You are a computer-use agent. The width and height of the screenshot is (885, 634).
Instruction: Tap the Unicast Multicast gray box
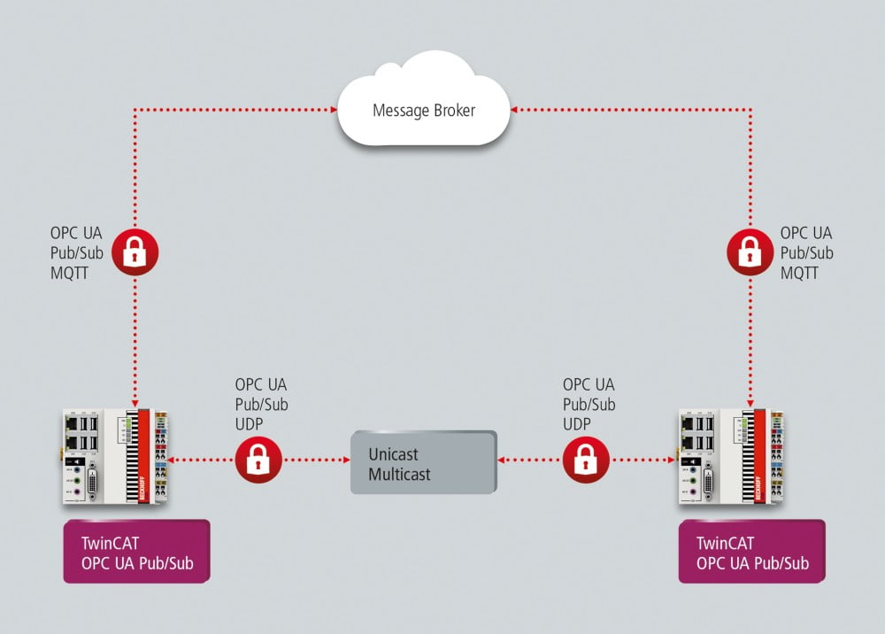[x=424, y=462]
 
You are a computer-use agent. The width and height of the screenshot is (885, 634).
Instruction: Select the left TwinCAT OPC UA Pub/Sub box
[x=136, y=551]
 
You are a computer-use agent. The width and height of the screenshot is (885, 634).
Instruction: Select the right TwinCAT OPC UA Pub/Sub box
[x=751, y=551]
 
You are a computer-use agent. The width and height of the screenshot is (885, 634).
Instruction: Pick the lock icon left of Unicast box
[x=258, y=460]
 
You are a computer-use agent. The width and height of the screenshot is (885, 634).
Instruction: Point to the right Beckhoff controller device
[x=731, y=458]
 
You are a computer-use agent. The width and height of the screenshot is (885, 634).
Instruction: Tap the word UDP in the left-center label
[x=250, y=424]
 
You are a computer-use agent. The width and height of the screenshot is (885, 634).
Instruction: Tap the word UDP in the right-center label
[x=579, y=424]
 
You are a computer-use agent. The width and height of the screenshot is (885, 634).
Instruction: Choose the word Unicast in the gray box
[x=394, y=454]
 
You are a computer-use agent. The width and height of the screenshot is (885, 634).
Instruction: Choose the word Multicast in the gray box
[x=400, y=475]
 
